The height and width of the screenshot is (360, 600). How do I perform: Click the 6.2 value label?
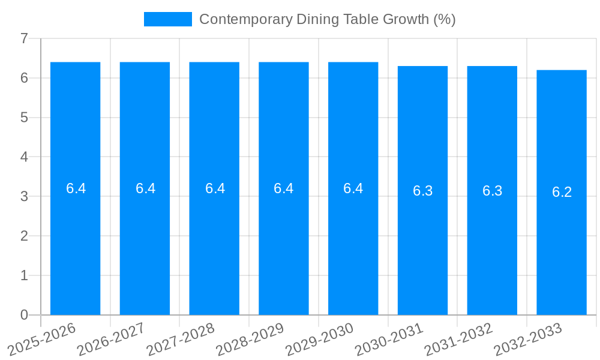(562, 192)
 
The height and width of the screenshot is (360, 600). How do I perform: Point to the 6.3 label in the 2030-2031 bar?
(423, 191)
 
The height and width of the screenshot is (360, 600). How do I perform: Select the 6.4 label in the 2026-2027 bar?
(145, 188)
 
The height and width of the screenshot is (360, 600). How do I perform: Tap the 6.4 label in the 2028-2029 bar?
(284, 188)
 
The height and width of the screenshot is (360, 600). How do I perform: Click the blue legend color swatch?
(167, 19)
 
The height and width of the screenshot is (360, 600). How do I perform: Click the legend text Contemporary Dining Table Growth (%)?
(327, 19)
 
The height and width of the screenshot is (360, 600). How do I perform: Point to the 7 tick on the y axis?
(24, 39)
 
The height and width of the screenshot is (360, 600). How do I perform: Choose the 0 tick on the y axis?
(24, 315)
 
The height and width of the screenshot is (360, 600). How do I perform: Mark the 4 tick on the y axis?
(24, 157)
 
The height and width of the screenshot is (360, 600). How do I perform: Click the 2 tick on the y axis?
(24, 236)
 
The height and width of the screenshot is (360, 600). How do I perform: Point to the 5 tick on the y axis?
(24, 118)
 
